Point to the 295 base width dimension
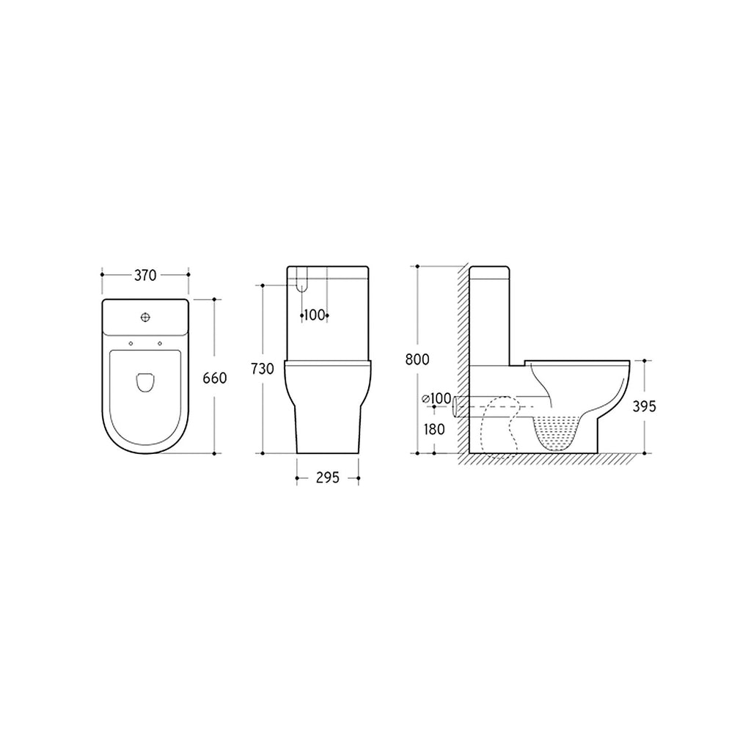tap(327, 478)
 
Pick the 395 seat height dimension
tap(645, 406)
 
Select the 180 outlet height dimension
tap(434, 429)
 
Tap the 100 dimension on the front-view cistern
tap(315, 315)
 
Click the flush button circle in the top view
tap(145, 318)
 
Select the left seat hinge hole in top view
tap(131, 344)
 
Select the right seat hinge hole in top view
tap(159, 344)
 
